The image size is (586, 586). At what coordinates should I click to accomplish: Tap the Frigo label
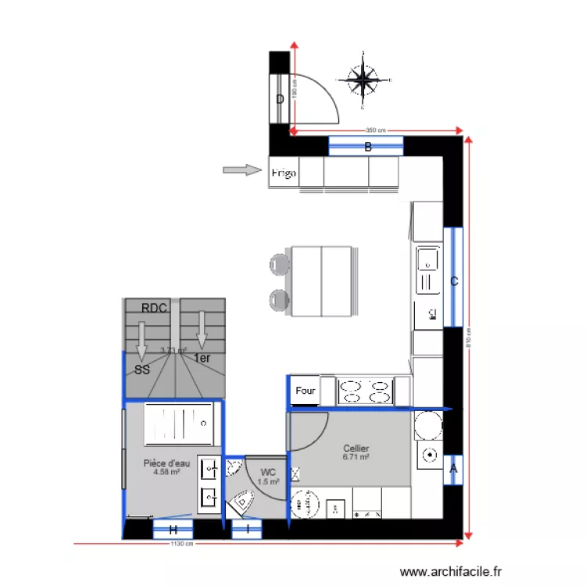[284, 173]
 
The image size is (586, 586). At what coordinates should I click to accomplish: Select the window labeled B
[366, 146]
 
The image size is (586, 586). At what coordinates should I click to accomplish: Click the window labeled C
[453, 280]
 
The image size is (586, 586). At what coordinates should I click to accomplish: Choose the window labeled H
[172, 530]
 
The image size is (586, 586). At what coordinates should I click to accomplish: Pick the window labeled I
[248, 530]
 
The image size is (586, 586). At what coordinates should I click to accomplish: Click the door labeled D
[280, 98]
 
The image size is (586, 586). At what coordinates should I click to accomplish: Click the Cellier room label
[356, 448]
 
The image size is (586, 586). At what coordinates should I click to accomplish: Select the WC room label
[268, 472]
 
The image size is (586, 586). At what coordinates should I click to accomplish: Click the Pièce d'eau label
[166, 463]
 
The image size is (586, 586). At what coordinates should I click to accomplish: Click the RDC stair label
[155, 308]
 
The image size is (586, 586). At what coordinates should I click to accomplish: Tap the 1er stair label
[202, 359]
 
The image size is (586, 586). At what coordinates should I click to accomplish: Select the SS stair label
[141, 370]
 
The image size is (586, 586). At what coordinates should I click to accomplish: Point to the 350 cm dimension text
[375, 130]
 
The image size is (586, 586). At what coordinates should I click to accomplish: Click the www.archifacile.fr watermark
[451, 572]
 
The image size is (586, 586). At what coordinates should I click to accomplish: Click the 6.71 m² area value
[356, 457]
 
